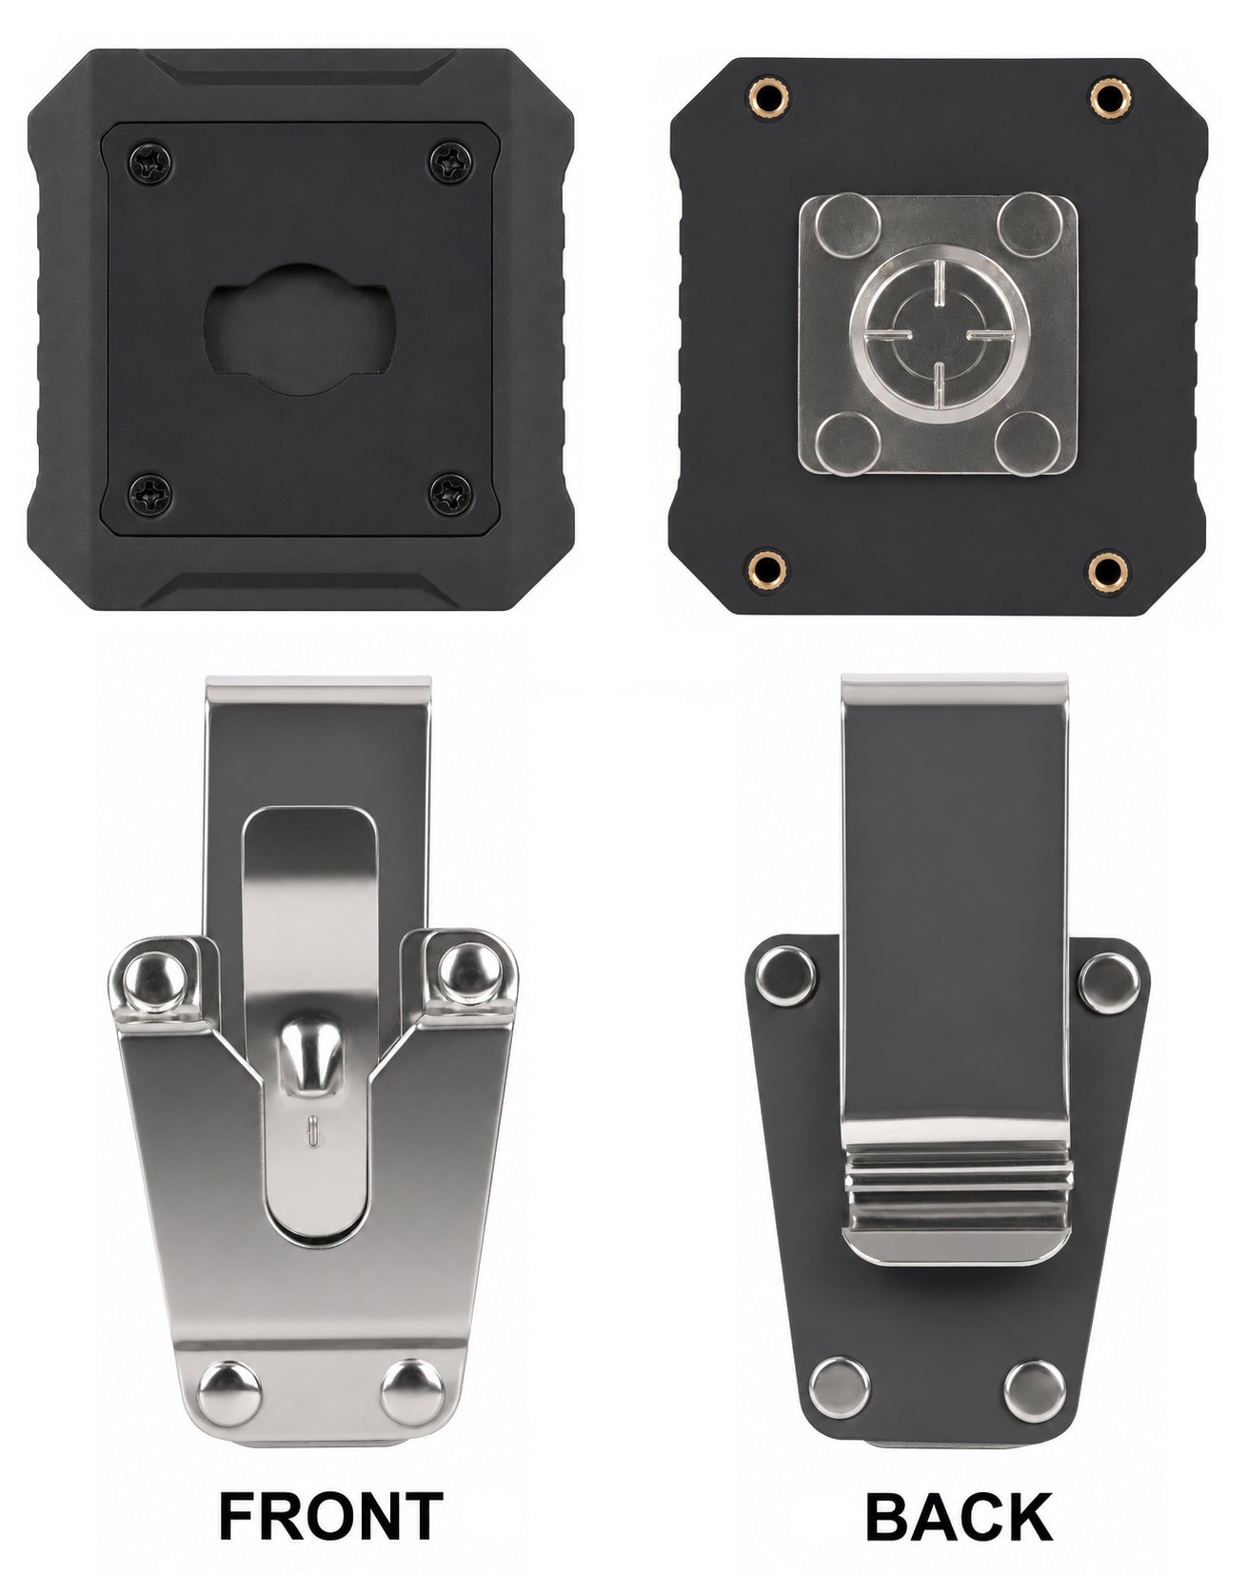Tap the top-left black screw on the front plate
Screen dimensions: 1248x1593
tap(152, 166)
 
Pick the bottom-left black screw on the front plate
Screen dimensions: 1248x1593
tap(152, 493)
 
